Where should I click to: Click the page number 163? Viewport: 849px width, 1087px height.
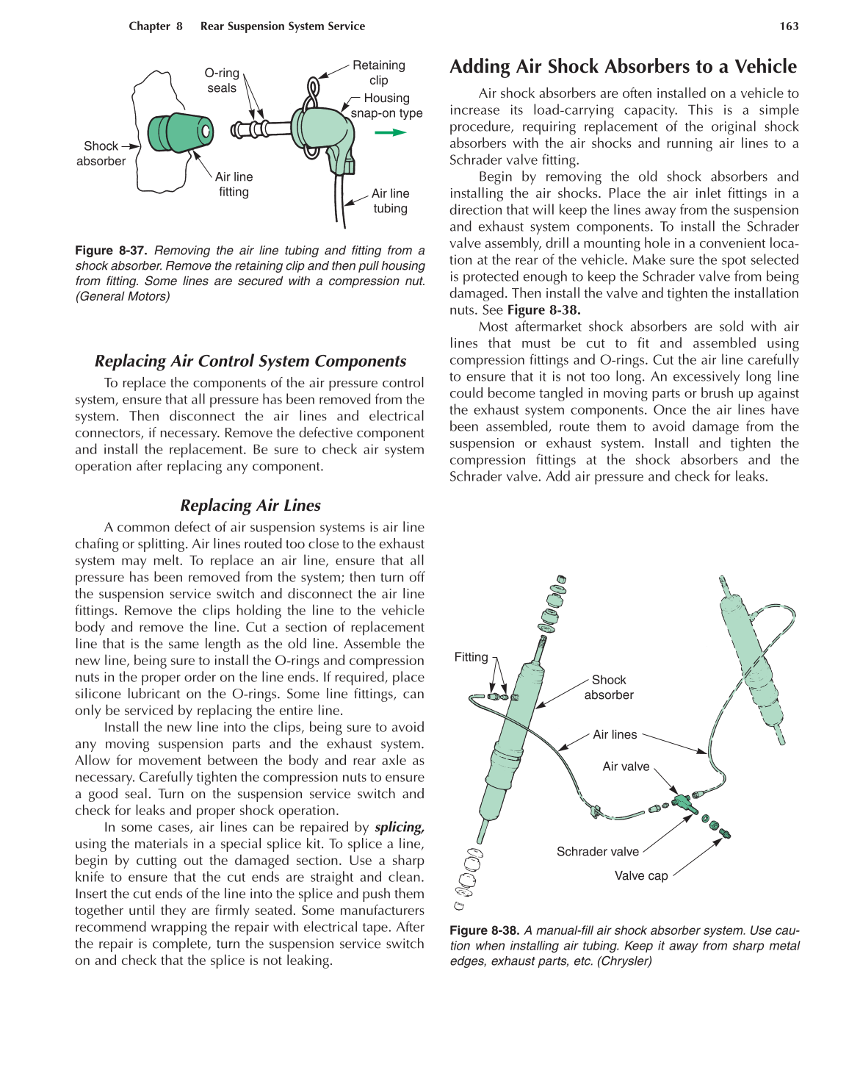click(789, 26)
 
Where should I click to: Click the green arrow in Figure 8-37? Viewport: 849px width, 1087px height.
click(390, 132)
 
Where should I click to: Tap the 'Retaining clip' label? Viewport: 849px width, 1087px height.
click(378, 73)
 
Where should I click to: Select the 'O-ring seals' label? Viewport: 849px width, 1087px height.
click(222, 81)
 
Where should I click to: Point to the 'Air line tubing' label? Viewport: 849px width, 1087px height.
click(390, 201)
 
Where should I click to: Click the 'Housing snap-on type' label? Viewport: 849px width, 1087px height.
click(386, 106)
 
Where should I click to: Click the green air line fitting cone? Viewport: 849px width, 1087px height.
click(181, 132)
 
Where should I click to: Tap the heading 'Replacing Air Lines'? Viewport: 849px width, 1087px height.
click(250, 506)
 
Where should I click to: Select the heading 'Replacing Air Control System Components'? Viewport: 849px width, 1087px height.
click(250, 362)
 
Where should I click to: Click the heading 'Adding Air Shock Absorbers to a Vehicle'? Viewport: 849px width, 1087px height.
click(623, 67)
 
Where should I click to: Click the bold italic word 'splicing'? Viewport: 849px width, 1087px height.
click(400, 828)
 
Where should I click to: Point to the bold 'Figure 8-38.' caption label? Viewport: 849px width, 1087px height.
click(485, 930)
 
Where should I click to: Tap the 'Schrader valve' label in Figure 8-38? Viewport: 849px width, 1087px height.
click(597, 852)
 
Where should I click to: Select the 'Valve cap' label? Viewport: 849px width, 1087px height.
click(641, 876)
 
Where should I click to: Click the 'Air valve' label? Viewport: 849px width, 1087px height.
click(626, 767)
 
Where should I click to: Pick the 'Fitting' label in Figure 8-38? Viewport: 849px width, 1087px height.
click(471, 657)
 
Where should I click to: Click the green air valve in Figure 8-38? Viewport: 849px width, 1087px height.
click(682, 801)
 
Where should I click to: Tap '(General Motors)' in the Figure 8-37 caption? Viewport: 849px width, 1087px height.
click(123, 296)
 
